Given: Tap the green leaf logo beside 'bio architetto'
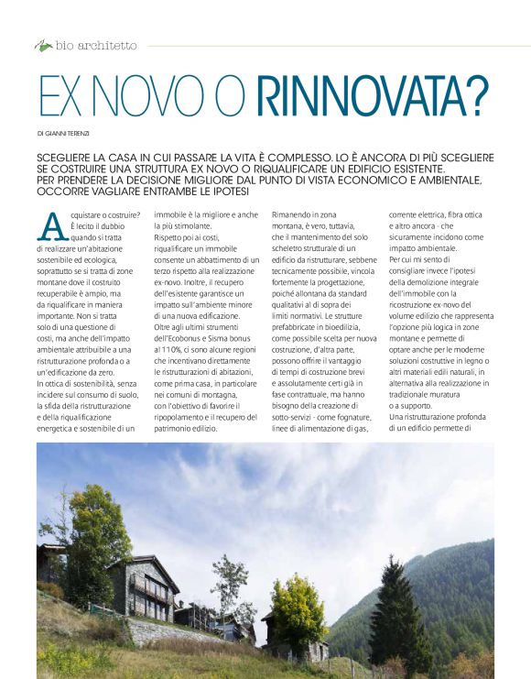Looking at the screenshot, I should click(x=43, y=44).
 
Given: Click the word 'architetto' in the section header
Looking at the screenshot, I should click(x=108, y=44).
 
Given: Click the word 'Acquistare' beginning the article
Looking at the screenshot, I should click(x=93, y=215).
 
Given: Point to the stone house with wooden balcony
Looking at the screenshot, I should click(x=141, y=587).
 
